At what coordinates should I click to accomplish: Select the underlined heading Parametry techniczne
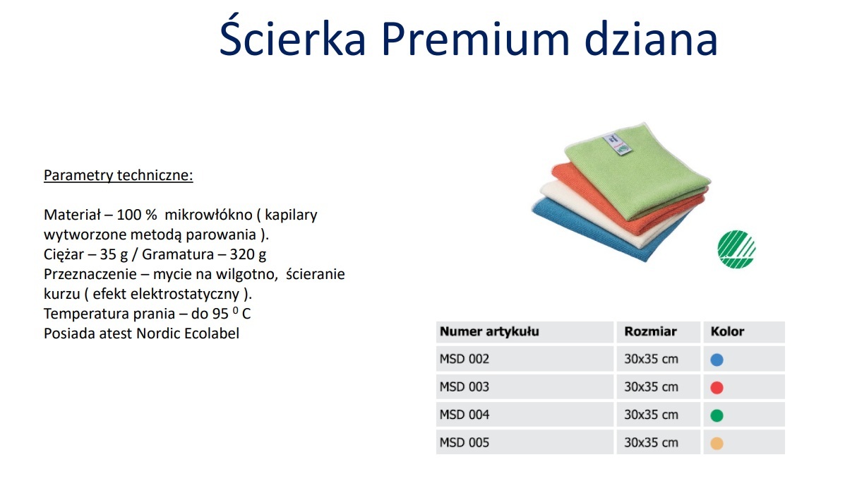click(118, 175)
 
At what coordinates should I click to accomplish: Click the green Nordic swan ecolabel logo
click(736, 249)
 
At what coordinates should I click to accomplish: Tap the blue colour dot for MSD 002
click(717, 360)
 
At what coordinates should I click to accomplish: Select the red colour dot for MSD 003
click(717, 388)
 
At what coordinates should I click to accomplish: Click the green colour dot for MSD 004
click(717, 415)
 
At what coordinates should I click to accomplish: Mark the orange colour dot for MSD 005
click(717, 443)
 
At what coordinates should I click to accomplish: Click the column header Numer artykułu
click(489, 331)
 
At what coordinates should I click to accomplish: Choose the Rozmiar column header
click(650, 331)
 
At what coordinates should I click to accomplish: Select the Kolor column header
click(727, 331)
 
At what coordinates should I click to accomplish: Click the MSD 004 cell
click(465, 415)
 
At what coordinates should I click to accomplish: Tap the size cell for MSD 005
click(651, 443)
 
